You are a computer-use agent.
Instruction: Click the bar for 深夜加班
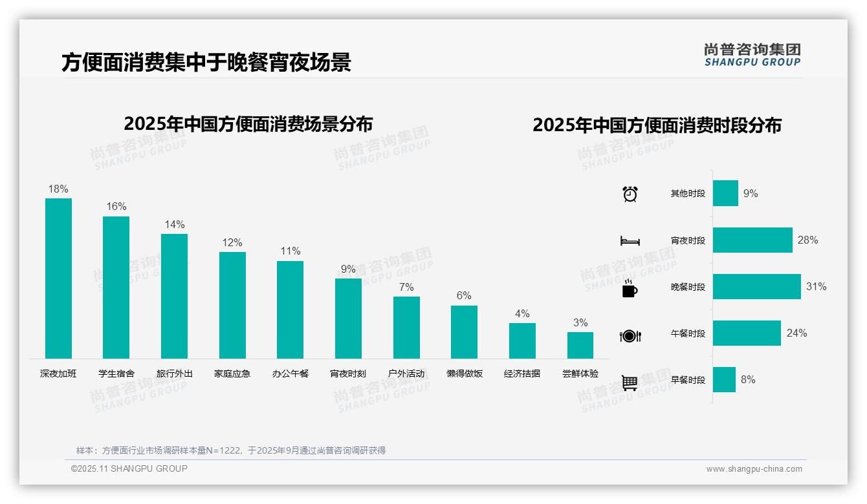click(x=58, y=278)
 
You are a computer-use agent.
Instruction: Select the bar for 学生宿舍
click(x=116, y=288)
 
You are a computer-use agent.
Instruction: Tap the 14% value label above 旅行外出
click(x=174, y=224)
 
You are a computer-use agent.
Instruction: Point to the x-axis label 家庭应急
click(x=232, y=373)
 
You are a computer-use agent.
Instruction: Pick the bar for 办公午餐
click(x=290, y=310)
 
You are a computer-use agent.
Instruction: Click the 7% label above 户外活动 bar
click(x=406, y=287)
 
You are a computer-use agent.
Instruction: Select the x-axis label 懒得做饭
click(x=465, y=373)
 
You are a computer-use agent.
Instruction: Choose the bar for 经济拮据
click(x=522, y=341)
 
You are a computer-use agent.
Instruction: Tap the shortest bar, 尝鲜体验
click(x=580, y=345)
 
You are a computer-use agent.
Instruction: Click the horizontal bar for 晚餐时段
click(x=756, y=286)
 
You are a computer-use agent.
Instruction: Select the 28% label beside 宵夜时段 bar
click(x=807, y=240)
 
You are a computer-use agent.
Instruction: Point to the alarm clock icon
click(x=630, y=194)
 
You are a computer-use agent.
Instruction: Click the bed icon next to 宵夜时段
click(x=630, y=241)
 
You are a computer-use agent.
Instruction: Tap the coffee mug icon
click(x=630, y=288)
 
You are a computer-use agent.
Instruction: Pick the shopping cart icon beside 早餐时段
click(x=630, y=383)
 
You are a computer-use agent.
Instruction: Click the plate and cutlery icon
click(x=630, y=335)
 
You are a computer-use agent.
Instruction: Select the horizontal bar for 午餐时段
click(x=747, y=333)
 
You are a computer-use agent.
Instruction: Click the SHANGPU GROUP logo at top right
click(x=752, y=55)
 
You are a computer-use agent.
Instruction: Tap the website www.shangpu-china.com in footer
click(x=754, y=469)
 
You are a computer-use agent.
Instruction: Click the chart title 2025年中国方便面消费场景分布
click(x=248, y=123)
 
